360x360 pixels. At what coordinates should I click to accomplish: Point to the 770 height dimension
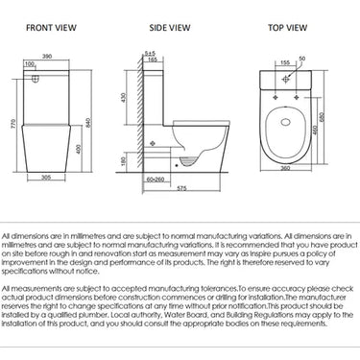click(11, 124)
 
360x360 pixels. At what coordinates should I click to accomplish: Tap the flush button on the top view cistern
click(286, 84)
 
